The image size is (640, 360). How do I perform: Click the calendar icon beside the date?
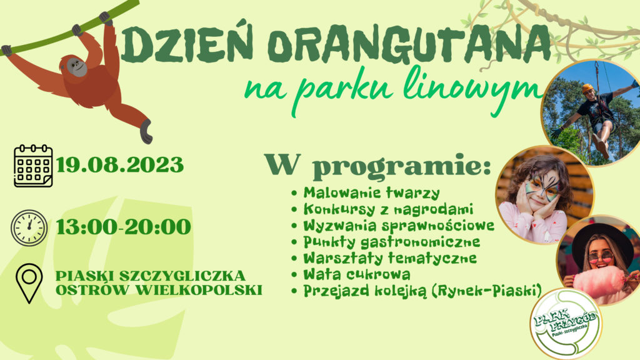[33, 166]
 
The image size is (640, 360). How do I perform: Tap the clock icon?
[29, 227]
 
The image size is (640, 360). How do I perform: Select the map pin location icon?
[29, 283]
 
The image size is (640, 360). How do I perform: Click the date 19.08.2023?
[119, 165]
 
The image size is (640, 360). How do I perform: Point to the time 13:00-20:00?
[123, 227]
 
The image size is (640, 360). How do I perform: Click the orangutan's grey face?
[76, 67]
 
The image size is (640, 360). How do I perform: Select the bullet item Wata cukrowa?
[357, 274]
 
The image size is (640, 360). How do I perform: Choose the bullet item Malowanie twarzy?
[371, 192]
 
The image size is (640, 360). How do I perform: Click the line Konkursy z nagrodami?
[388, 209]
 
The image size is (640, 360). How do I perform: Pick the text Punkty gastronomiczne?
[392, 242]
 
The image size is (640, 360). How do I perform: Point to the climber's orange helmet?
[587, 88]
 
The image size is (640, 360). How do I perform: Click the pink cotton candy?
[599, 282]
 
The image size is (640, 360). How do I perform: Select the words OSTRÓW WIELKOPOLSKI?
[159, 290]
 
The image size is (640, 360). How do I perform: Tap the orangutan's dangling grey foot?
[146, 131]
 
